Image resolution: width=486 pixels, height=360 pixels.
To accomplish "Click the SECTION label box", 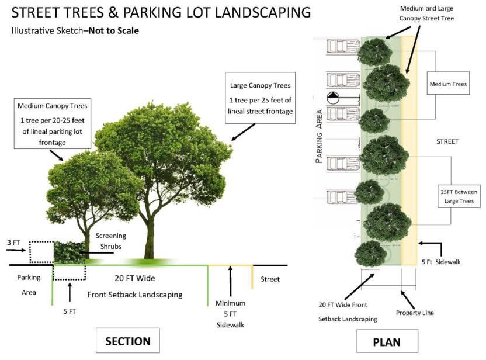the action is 128,341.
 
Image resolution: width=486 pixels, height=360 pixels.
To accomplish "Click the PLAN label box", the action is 387,341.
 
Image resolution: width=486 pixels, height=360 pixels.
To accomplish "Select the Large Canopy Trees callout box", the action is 260,98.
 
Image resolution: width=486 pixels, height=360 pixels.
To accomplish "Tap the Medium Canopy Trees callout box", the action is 53,124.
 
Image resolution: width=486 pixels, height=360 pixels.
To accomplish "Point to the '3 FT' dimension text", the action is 13,243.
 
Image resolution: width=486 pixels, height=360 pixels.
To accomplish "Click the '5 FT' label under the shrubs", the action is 70,311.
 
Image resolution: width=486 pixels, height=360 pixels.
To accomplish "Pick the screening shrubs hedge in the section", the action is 70,252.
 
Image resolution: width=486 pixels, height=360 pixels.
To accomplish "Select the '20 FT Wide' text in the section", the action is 135,278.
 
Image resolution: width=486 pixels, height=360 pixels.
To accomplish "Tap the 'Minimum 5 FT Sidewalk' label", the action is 230,314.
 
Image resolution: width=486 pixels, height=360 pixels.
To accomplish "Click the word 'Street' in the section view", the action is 270,279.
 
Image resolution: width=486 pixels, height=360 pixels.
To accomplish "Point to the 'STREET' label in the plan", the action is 447,141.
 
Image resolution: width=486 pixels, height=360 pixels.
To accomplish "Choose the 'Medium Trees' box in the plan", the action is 448,84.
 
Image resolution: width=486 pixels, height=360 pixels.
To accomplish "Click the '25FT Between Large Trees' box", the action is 459,196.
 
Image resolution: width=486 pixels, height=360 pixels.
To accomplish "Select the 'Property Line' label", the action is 415,313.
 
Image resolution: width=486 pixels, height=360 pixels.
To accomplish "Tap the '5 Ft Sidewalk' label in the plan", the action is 441,262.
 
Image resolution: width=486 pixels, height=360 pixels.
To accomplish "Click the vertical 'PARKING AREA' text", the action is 319,136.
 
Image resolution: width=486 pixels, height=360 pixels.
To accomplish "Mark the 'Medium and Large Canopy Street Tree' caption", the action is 426,13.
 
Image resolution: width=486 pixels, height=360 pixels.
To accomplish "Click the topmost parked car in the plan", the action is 342,47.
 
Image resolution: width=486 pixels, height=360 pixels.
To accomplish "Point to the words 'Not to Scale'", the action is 114,31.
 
